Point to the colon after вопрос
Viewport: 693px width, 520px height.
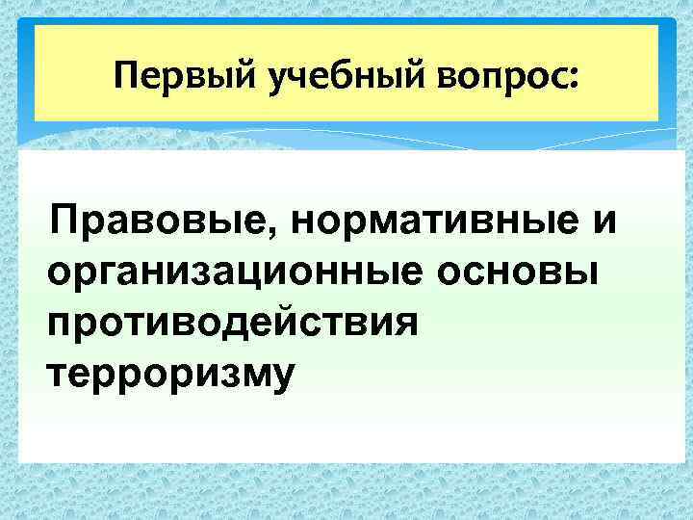[x=576, y=77]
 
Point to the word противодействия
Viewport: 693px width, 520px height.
[x=232, y=322]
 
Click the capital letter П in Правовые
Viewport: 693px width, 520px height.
[x=70, y=222]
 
